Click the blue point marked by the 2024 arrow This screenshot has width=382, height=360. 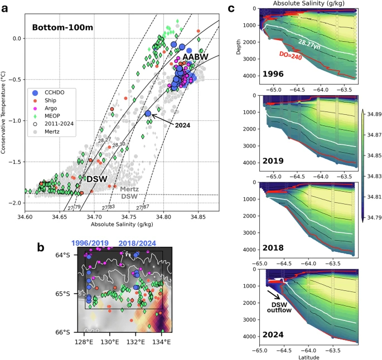pyautogui.click(x=148, y=114)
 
